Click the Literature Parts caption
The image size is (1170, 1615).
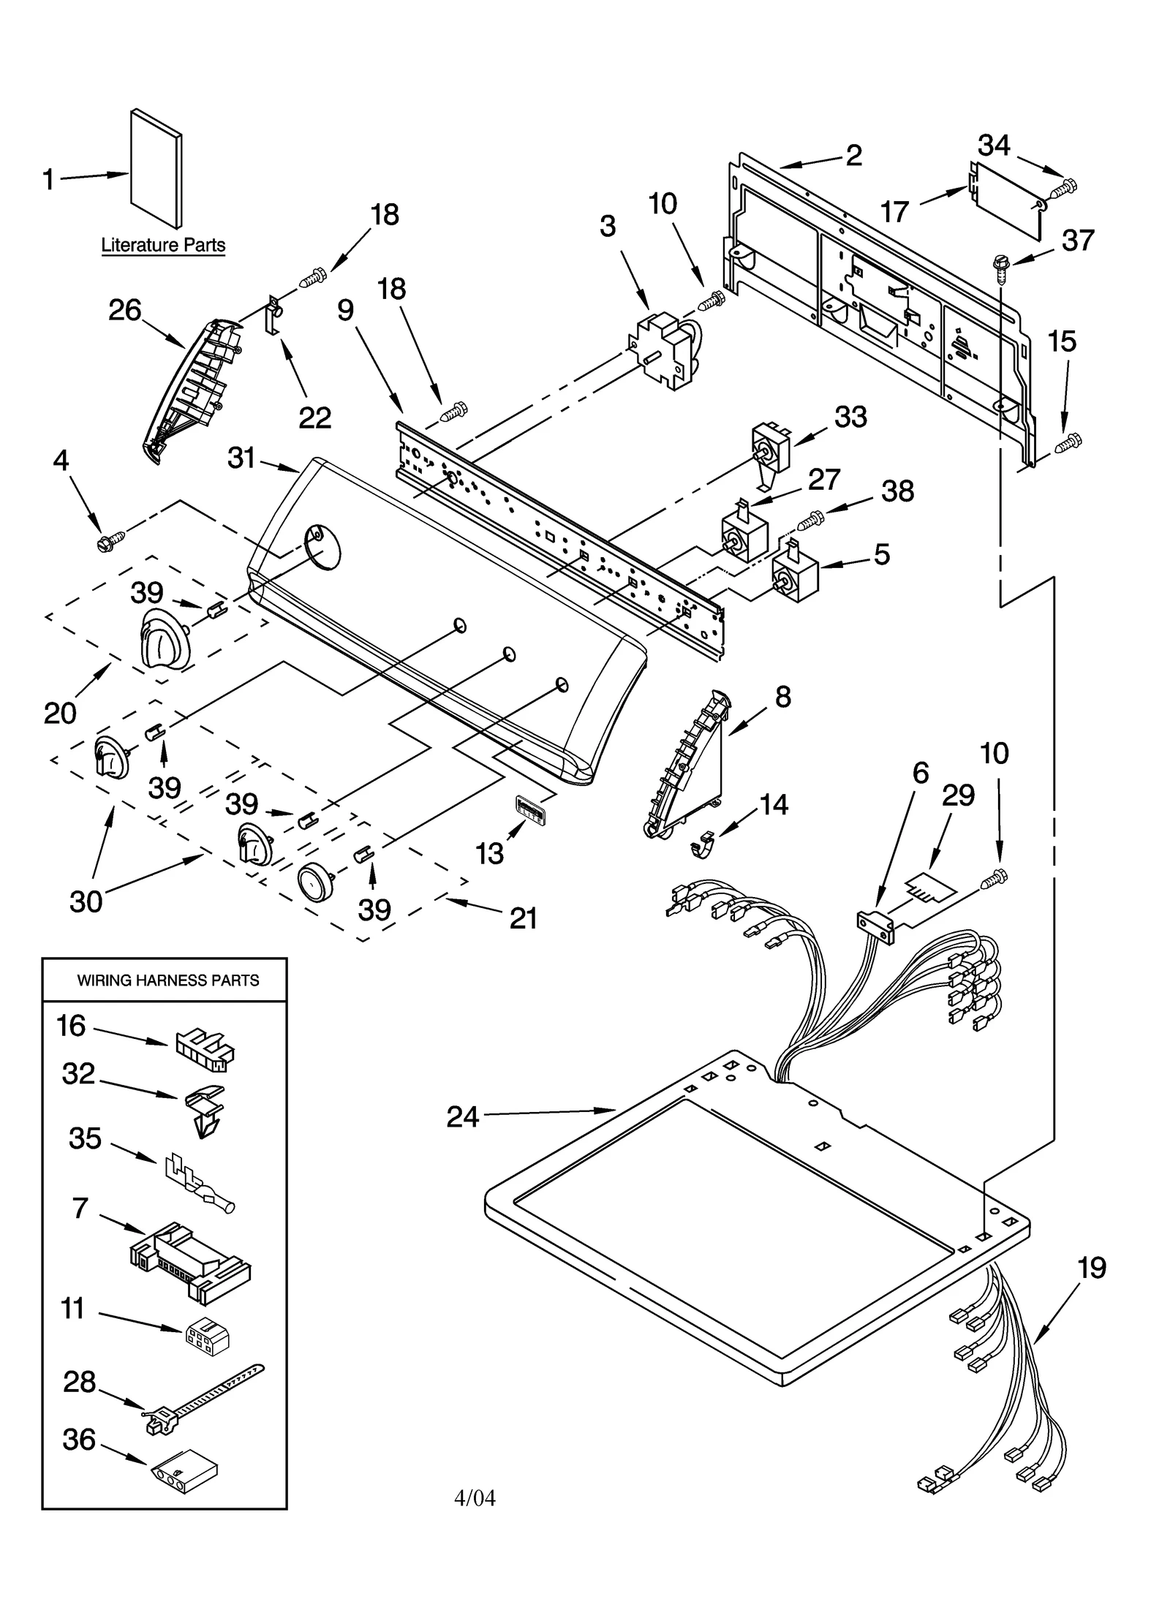163,245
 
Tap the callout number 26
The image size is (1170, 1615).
124,310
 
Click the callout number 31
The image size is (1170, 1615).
241,458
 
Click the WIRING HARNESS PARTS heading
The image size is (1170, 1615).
168,980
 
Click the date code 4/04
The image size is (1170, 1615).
475,1498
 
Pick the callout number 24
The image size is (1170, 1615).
463,1117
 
